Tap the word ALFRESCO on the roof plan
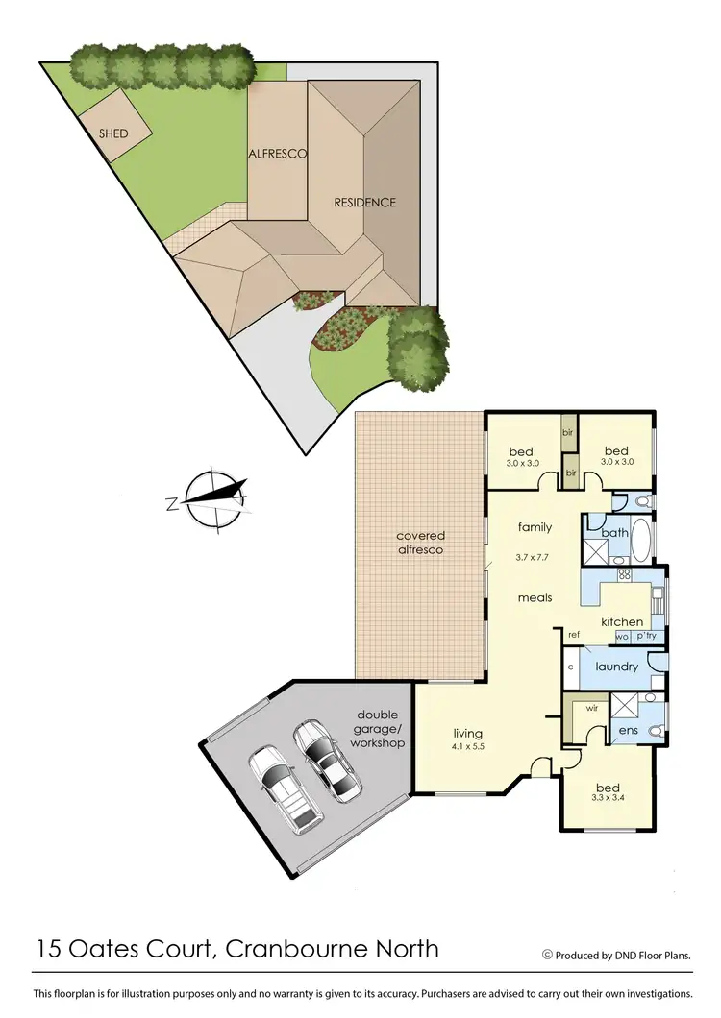(x=278, y=154)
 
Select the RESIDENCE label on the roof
(x=364, y=203)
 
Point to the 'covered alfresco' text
(x=420, y=543)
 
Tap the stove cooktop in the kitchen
(x=623, y=575)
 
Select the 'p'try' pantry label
(x=645, y=636)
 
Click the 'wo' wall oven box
(x=621, y=636)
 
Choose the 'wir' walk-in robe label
(x=592, y=709)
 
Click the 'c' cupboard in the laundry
(x=570, y=666)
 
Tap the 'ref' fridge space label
(x=574, y=635)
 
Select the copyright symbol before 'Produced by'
(x=547, y=955)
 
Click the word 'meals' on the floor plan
(x=535, y=597)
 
